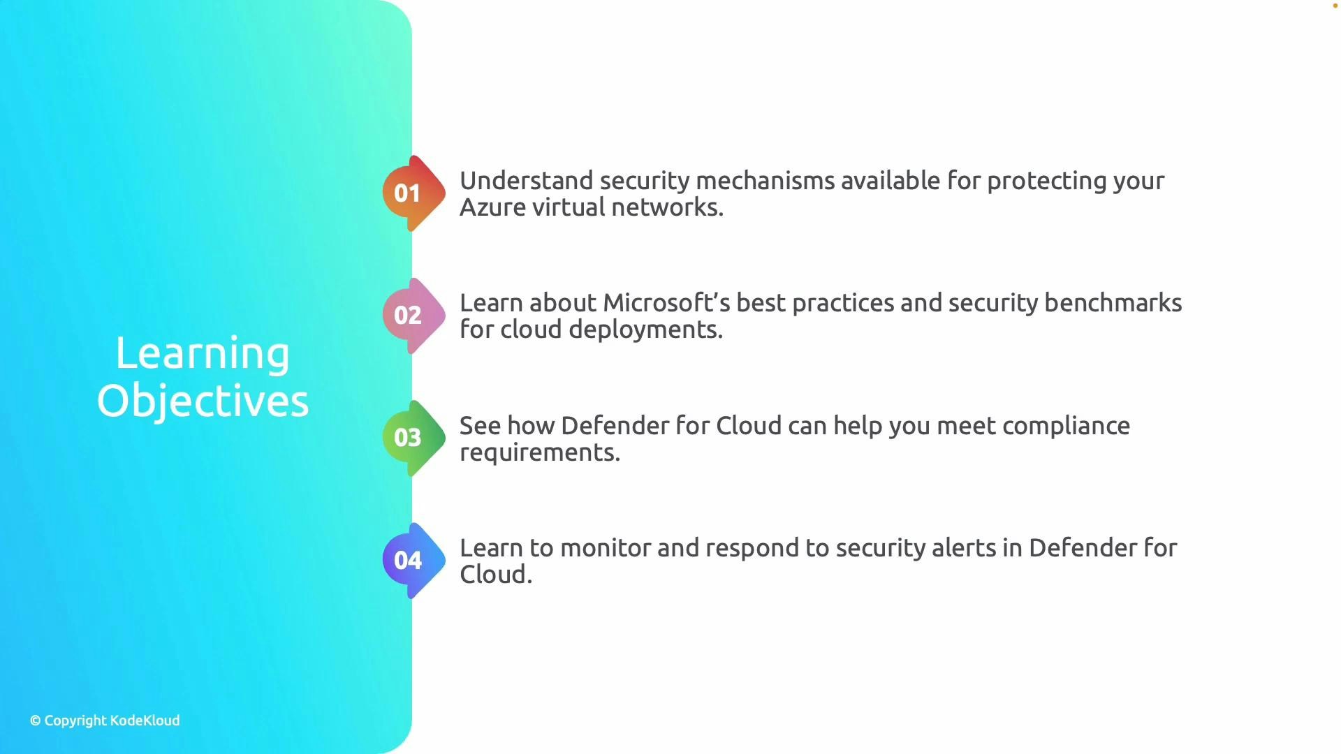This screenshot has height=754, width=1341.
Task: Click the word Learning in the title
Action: [203, 354]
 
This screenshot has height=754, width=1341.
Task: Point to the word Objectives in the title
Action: [203, 401]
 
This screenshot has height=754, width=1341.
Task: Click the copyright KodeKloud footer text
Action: [105, 720]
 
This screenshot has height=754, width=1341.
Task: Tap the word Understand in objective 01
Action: [526, 181]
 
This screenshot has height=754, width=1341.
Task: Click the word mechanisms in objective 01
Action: [765, 181]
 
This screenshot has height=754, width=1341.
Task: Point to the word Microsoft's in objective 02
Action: [666, 303]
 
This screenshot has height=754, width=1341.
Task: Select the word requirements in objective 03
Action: [539, 452]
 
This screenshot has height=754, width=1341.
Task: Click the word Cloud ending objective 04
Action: [495, 575]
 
